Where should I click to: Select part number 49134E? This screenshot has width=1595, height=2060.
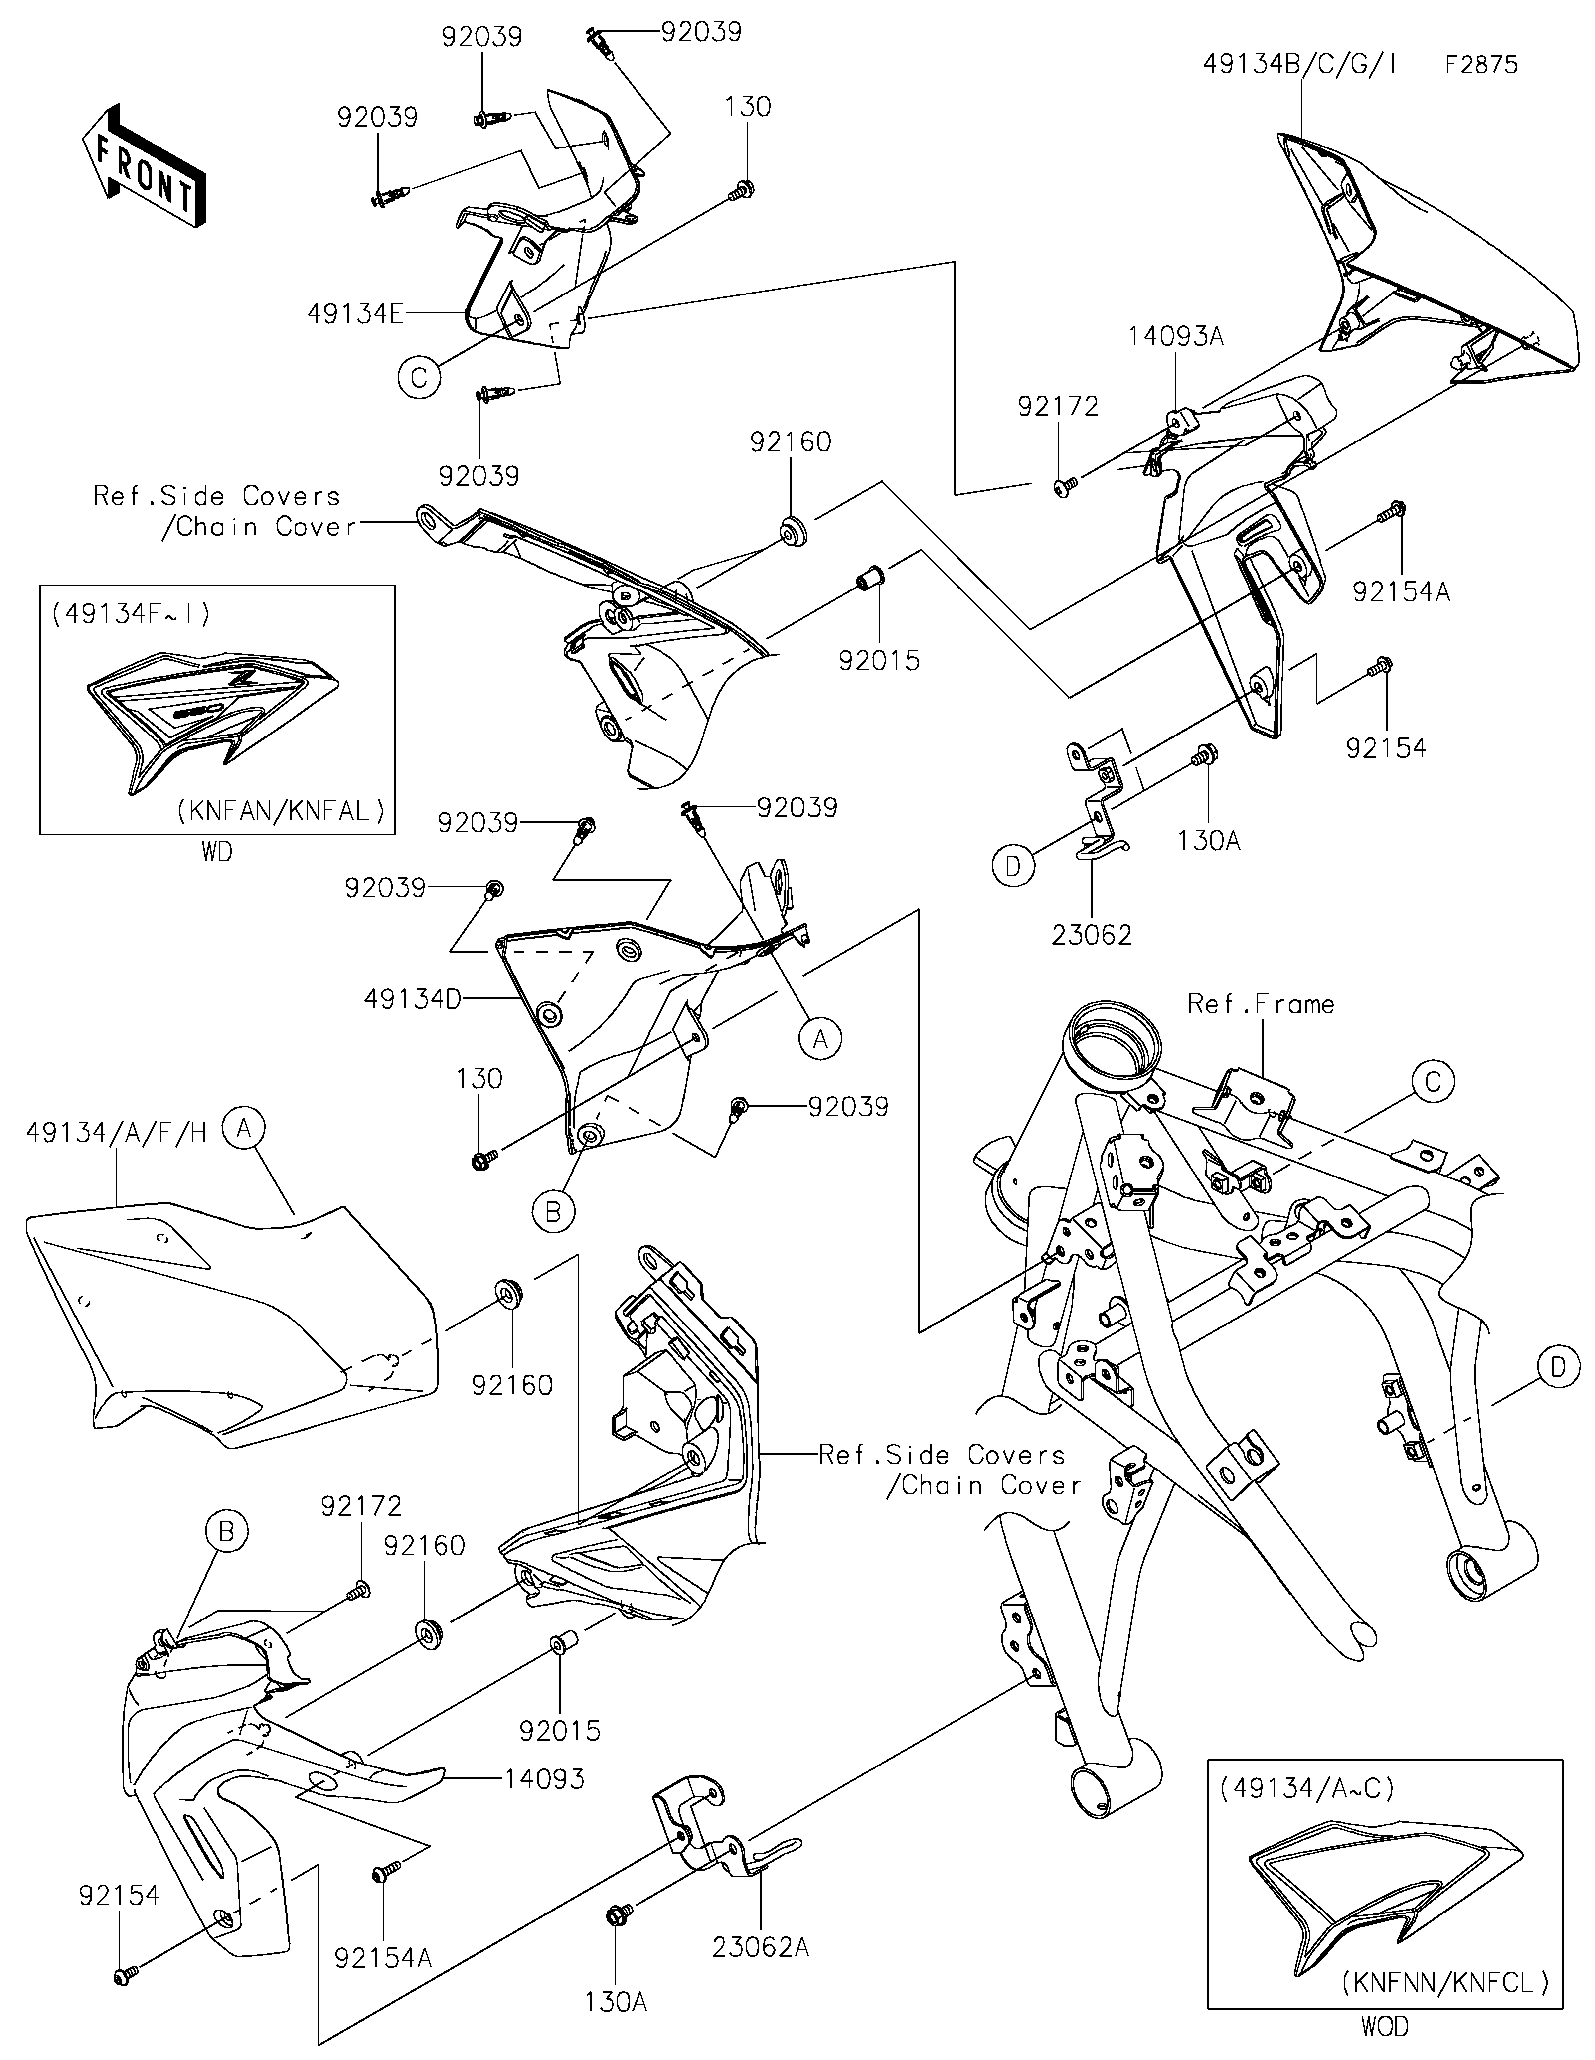tap(355, 313)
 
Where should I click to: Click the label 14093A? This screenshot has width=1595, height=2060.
tap(1175, 337)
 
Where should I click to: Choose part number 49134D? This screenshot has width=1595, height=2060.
tap(412, 999)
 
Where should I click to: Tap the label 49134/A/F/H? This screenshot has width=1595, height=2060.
tap(116, 1133)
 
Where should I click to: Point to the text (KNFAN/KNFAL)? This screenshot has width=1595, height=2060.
tap(281, 810)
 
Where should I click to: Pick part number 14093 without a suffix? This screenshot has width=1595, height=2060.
tap(544, 1779)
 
